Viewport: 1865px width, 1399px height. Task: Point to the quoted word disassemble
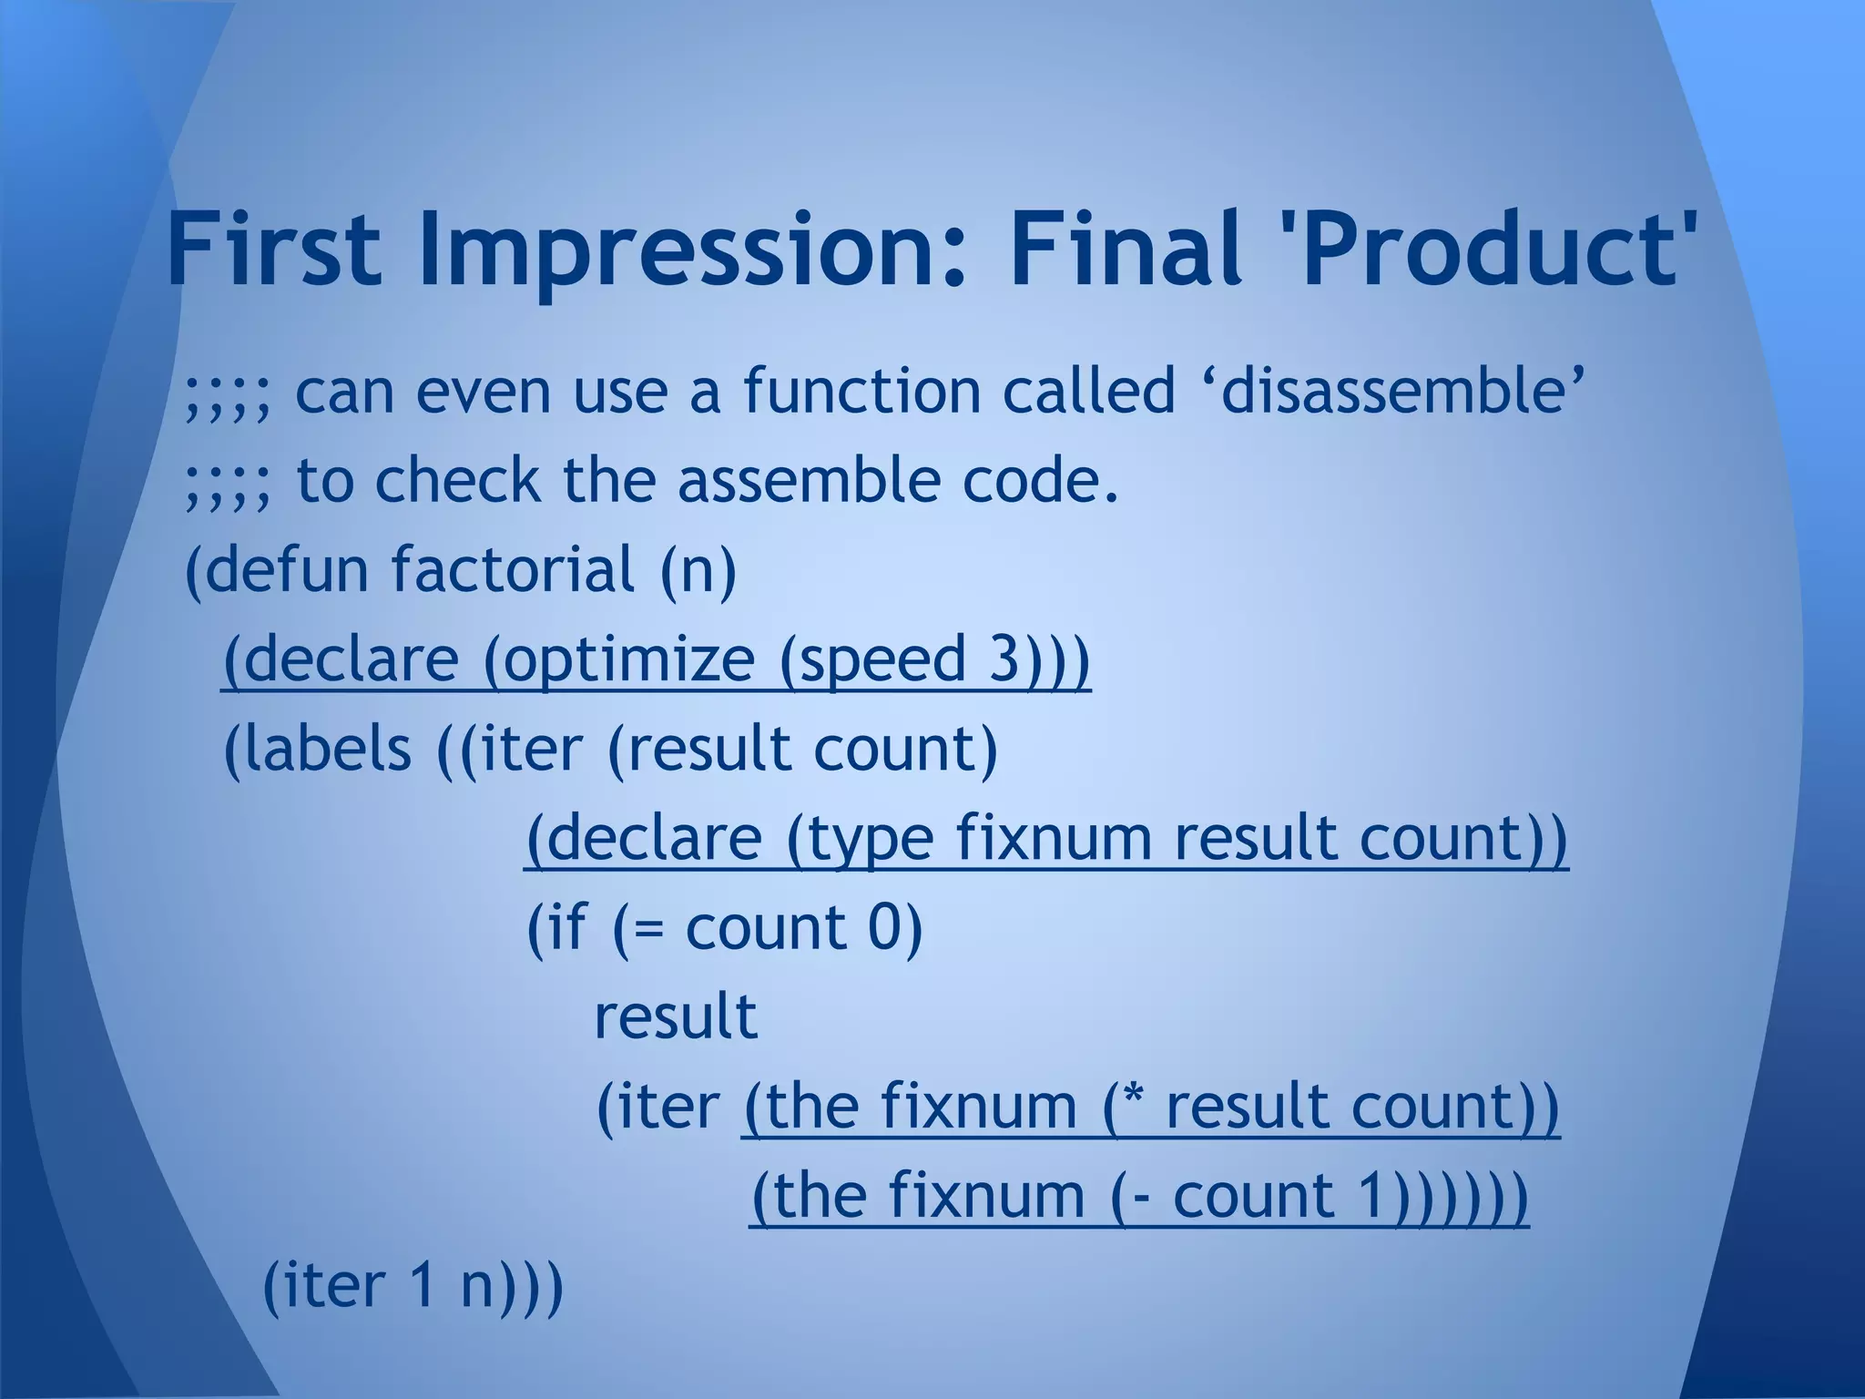click(1392, 392)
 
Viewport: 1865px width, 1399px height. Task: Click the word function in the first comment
click(861, 392)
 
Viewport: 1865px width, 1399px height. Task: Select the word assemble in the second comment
click(807, 481)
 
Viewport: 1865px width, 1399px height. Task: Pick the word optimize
click(627, 659)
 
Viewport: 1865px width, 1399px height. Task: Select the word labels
click(318, 749)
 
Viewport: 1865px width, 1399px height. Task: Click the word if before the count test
click(561, 927)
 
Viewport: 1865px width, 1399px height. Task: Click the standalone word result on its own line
click(676, 1016)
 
